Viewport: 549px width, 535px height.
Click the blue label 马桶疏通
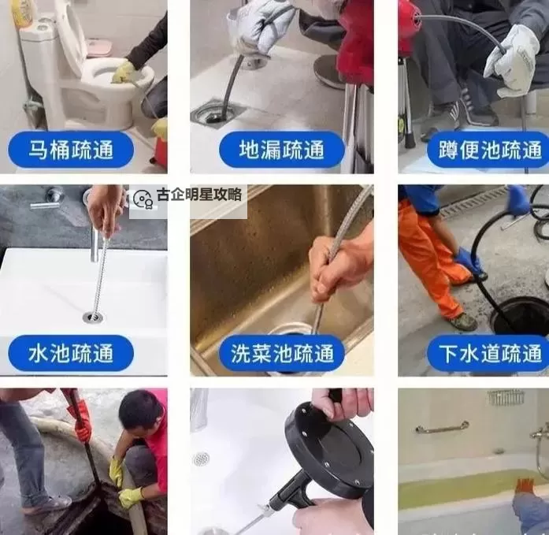tap(71, 149)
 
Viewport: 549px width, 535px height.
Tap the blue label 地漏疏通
tap(281, 149)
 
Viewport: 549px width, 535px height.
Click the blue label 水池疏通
tap(71, 353)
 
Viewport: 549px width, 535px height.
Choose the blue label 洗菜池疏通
tap(281, 353)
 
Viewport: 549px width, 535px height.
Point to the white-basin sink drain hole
tap(93, 318)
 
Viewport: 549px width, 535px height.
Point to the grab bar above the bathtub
tap(442, 429)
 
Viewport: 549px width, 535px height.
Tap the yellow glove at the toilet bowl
tap(123, 72)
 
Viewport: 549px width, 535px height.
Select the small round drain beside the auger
tap(202, 459)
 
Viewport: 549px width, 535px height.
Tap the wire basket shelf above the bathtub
tap(505, 397)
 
